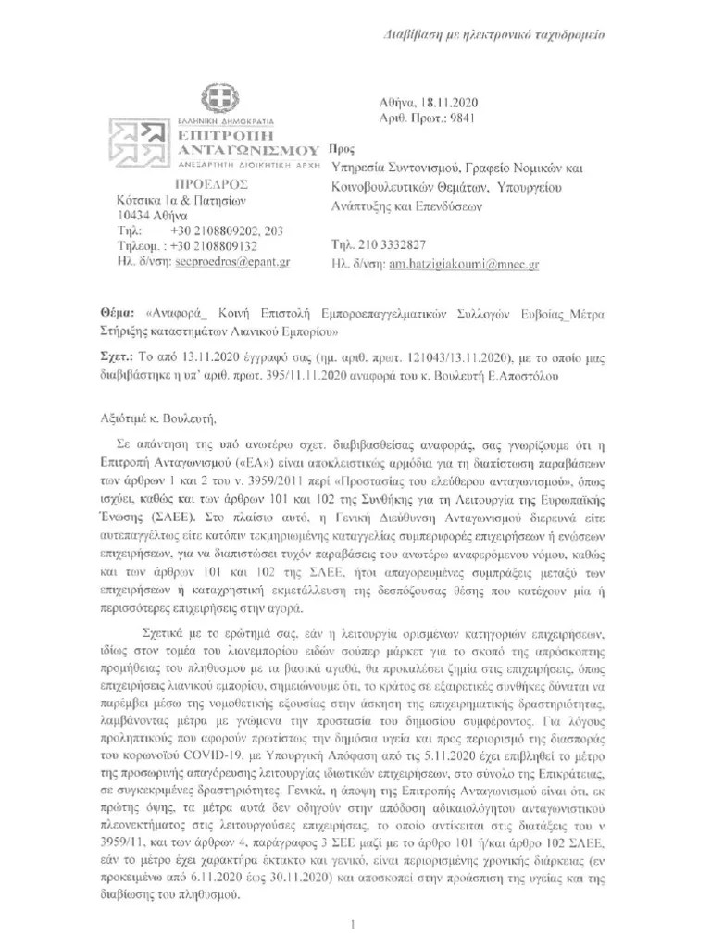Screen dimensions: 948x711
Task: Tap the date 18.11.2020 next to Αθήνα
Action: click(467, 104)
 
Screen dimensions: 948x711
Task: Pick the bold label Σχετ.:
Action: click(115, 355)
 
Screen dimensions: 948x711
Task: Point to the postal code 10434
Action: click(123, 216)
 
